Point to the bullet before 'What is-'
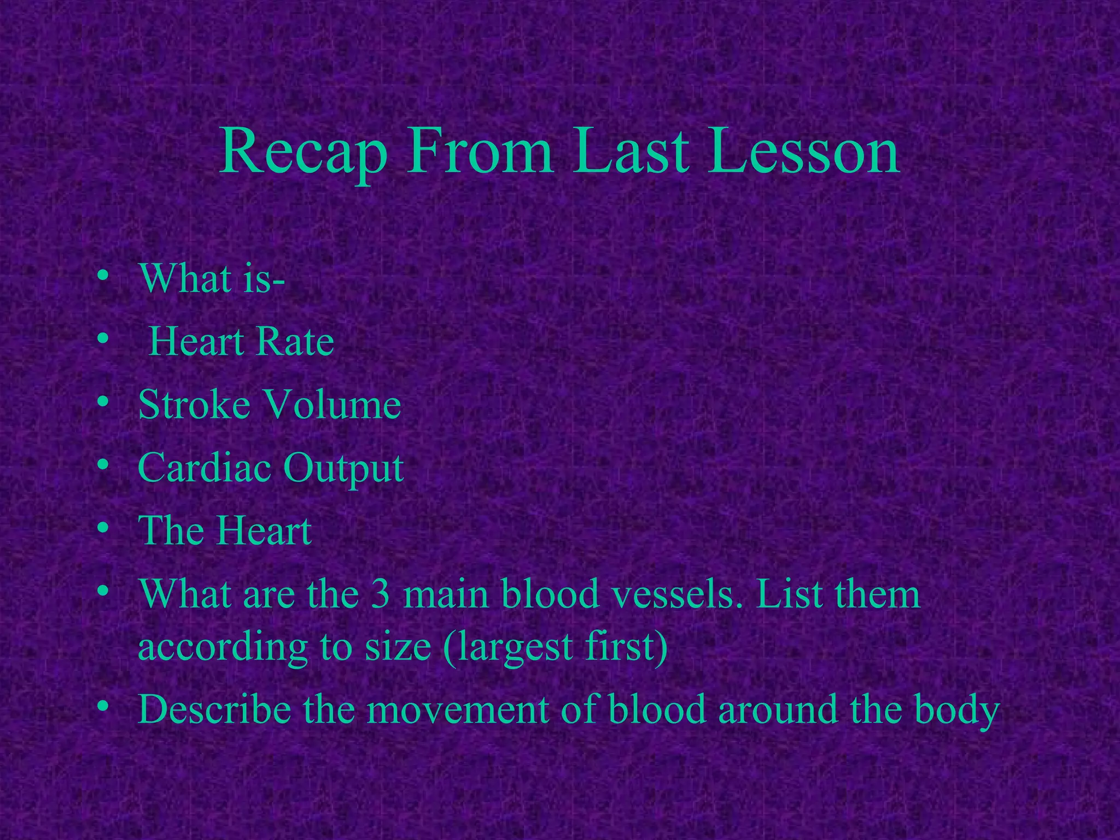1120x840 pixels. [x=102, y=276]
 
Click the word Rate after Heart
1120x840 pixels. [x=295, y=342]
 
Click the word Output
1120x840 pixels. [x=343, y=469]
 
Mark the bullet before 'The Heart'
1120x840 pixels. [x=102, y=528]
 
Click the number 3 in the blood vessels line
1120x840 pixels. [x=380, y=594]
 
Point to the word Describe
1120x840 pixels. [x=214, y=709]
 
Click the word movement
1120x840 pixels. [x=458, y=709]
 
